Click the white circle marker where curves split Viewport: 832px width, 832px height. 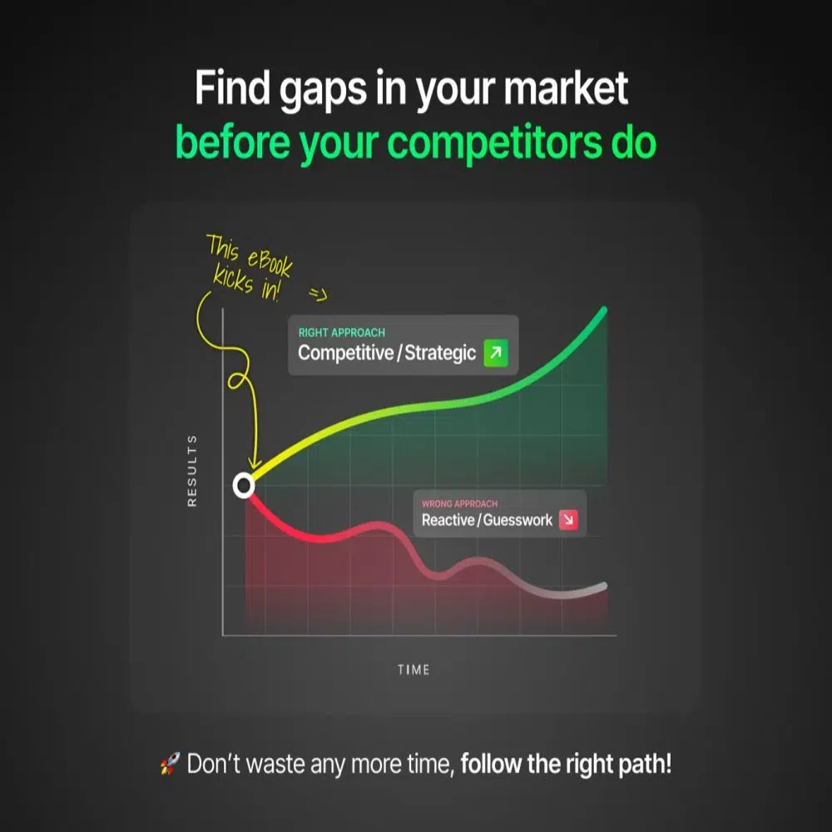click(x=243, y=484)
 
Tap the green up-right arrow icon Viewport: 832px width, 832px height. click(x=495, y=353)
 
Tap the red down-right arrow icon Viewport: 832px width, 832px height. click(x=569, y=520)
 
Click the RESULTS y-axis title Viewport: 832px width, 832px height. click(x=192, y=470)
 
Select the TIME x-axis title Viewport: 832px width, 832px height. click(x=414, y=669)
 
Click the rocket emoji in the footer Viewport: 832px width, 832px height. click(x=169, y=765)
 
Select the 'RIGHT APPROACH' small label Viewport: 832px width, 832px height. click(x=341, y=333)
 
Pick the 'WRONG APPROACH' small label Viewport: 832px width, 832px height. click(x=459, y=504)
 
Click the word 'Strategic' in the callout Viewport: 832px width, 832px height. click(x=440, y=353)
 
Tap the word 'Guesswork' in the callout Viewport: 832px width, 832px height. click(x=520, y=521)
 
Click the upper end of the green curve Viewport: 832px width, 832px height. click(x=604, y=310)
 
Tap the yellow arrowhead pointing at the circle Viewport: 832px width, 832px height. click(x=255, y=466)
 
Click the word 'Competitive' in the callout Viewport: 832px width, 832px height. click(x=344, y=353)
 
